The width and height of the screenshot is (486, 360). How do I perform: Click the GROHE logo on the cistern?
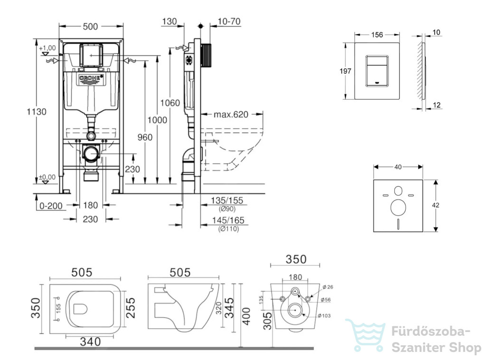[90, 78]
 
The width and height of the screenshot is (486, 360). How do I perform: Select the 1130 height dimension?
[37, 112]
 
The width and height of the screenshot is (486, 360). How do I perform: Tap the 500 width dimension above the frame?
[90, 27]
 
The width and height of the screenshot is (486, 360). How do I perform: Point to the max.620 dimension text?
[231, 114]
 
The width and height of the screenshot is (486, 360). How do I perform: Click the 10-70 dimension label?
[229, 21]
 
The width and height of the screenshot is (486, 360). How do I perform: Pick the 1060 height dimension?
[170, 103]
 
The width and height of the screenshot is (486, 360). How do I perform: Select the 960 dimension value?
[145, 137]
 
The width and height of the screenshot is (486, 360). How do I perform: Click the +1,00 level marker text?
[47, 48]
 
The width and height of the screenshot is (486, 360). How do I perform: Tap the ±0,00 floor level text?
[47, 177]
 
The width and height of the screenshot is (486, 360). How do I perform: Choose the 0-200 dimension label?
[51, 206]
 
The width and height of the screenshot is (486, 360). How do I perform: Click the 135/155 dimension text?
[227, 200]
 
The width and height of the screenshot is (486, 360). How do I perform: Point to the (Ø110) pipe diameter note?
[228, 229]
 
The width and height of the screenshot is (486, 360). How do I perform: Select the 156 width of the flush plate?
[377, 35]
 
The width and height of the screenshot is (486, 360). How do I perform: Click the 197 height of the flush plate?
[345, 71]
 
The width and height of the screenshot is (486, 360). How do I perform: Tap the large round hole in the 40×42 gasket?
[398, 208]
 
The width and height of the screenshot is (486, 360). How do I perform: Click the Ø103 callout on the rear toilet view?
[324, 316]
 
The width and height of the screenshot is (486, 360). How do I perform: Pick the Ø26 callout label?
[327, 287]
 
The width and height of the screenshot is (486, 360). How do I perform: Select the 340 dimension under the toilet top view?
[90, 341]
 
